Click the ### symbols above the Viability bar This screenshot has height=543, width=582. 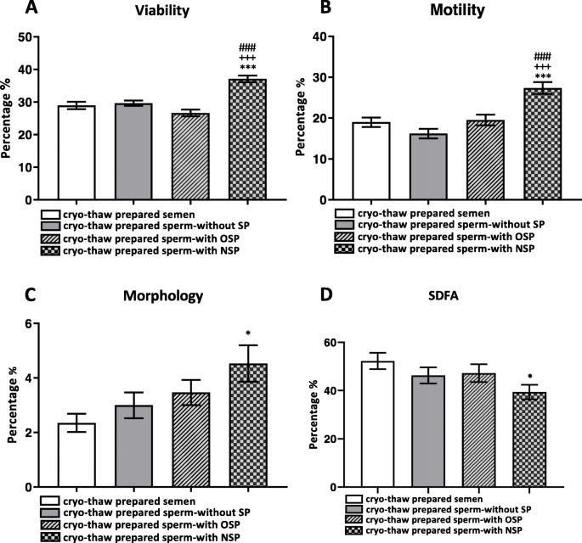click(x=247, y=48)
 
